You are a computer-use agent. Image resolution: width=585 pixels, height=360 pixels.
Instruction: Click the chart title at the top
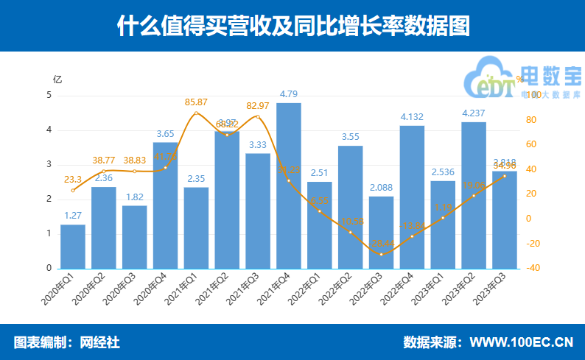point(292,26)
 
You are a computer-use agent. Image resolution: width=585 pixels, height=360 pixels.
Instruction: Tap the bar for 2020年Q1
point(72,247)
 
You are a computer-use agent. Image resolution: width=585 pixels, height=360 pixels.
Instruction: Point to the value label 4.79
point(289,94)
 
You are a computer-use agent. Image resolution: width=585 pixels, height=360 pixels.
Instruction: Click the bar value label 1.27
point(72,216)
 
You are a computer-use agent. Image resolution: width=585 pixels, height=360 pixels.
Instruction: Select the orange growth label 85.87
point(196,102)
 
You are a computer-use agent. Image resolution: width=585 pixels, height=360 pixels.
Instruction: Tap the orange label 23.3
point(72,178)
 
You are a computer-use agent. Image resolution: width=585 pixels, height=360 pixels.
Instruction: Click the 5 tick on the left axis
point(49,96)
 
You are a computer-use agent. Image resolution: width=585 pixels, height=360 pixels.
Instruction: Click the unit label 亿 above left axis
point(57,79)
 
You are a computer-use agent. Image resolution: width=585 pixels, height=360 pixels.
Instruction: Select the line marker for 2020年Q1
point(72,191)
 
